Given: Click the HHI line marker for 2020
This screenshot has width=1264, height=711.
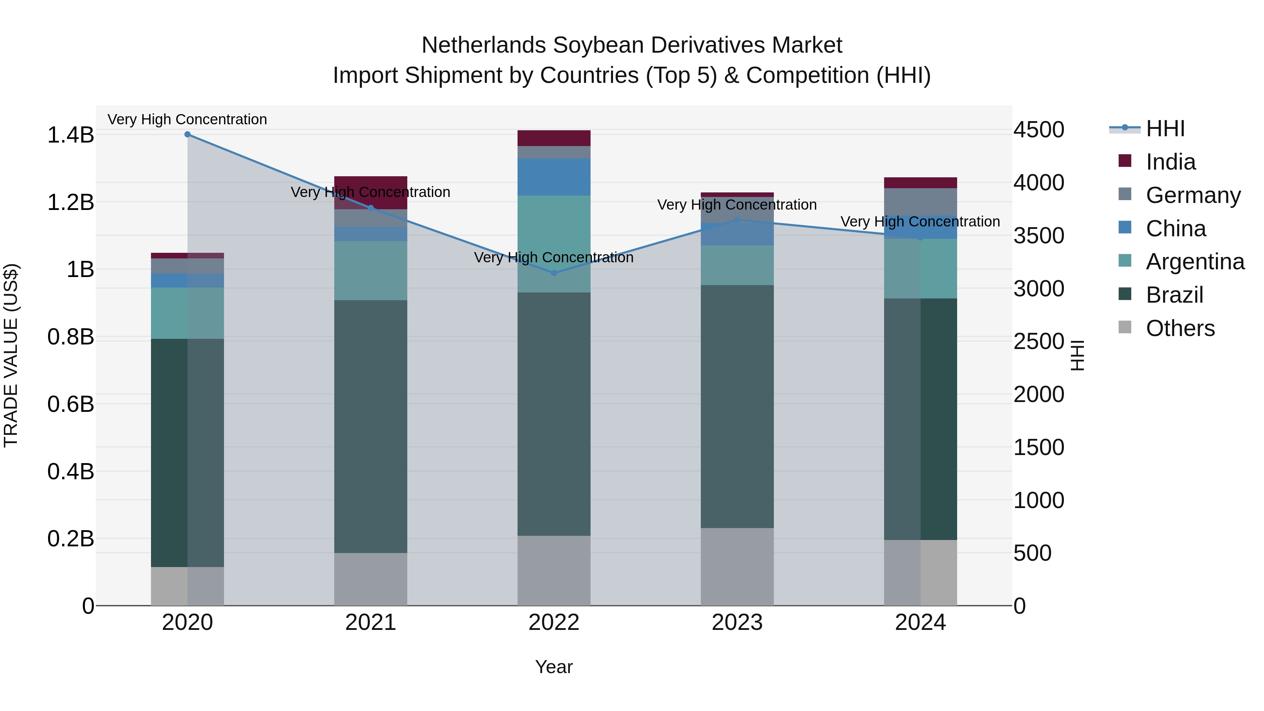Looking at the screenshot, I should (x=187, y=134).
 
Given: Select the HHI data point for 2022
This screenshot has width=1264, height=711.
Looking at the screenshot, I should (x=554, y=273).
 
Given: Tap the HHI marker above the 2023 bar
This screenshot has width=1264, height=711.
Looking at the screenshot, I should (x=737, y=220).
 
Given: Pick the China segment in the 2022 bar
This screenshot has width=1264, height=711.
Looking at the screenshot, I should (x=554, y=177).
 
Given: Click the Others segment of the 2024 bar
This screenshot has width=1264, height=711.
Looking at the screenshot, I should (x=921, y=573).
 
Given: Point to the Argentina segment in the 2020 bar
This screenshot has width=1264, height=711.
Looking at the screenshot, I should (x=187, y=313).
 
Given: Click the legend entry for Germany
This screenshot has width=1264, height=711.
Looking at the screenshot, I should (x=1193, y=195).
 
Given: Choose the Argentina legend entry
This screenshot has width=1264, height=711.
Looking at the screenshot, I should (x=1195, y=262).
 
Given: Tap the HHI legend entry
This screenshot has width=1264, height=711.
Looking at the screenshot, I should (x=1165, y=129).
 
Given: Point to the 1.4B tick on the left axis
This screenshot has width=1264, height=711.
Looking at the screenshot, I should (x=71, y=135).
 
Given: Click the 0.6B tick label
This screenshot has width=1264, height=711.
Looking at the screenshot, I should (x=71, y=404).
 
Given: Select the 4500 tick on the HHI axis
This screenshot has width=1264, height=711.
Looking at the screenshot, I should (x=1039, y=130).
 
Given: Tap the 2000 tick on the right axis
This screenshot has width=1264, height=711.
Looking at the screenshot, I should (x=1039, y=395).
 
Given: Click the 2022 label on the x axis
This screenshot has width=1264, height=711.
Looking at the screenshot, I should (x=554, y=623).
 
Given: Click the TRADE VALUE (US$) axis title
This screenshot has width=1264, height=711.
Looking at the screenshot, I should (x=11, y=355).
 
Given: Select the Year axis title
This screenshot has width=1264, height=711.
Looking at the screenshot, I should (x=554, y=667).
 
